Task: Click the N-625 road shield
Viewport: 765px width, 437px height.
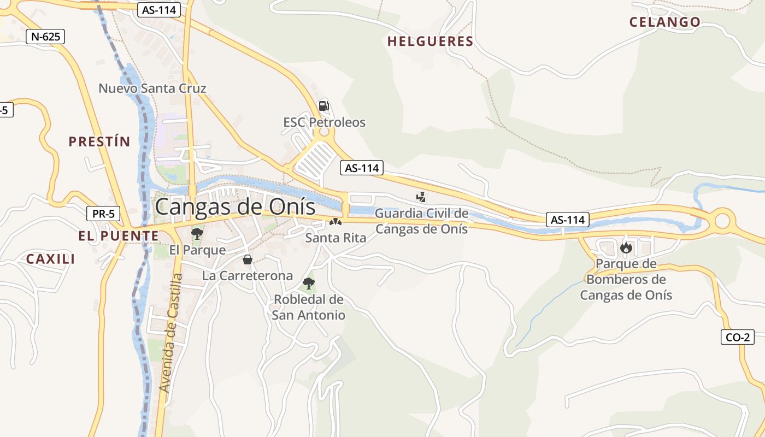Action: [45, 37]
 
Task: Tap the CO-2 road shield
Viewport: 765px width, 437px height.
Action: [738, 337]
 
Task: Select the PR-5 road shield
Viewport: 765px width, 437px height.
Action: [103, 214]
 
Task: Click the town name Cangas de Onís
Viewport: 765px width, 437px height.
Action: [235, 207]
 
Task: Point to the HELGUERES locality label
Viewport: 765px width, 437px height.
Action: [430, 42]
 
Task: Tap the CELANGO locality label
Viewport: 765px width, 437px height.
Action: [664, 22]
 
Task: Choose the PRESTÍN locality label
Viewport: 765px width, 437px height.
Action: [99, 142]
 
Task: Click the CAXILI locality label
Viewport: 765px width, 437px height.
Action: [51, 259]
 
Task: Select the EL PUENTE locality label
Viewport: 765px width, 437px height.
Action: [119, 236]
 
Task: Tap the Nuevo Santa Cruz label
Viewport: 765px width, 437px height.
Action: [152, 88]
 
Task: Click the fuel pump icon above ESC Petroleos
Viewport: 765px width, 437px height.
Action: [323, 105]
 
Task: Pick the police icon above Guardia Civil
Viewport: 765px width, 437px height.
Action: [421, 197]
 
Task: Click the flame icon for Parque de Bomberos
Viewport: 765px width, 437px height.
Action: [626, 248]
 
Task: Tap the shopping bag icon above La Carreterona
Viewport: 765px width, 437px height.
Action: [248, 259]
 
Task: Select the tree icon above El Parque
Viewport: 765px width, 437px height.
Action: [197, 234]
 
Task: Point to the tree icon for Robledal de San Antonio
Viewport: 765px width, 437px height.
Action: [309, 283]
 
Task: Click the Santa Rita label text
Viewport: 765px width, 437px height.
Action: [336, 238]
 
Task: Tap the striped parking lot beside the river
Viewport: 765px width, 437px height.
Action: [315, 160]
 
